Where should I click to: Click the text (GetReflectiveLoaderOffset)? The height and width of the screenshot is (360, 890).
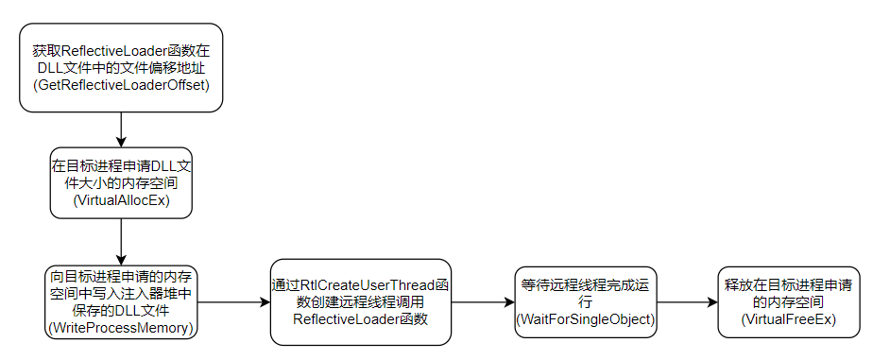[121, 86]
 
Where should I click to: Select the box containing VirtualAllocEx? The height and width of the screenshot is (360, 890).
[121, 183]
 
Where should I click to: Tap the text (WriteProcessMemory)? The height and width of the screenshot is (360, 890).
[121, 328]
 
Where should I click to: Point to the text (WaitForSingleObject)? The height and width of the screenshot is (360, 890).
[586, 319]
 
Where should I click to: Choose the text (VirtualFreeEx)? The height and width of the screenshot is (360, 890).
[788, 319]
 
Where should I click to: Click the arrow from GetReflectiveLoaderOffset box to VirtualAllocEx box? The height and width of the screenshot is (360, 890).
[121, 129]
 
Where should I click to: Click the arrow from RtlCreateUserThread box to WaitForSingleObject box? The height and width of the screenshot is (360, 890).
[483, 302]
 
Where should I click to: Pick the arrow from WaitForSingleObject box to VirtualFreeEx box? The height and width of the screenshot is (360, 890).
[687, 302]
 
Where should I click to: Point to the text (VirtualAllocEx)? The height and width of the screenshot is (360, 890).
[121, 201]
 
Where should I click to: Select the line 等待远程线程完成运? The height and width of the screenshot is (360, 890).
[586, 283]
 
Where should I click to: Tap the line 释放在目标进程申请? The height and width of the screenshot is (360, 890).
[788, 283]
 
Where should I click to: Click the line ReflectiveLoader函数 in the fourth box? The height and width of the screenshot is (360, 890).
[361, 319]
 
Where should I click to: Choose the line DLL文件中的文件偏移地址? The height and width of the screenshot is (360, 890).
[121, 68]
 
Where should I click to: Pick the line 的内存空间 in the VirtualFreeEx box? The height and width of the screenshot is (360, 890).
[788, 301]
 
